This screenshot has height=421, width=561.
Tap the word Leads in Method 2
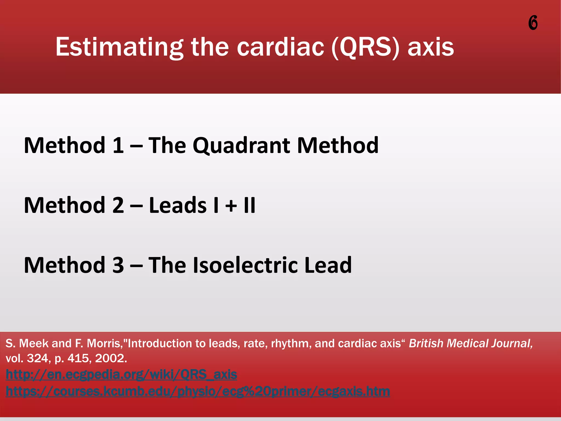click(178, 205)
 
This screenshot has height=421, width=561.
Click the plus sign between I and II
click(231, 206)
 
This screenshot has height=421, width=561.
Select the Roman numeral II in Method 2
click(250, 205)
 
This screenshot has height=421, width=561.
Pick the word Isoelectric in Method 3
click(245, 265)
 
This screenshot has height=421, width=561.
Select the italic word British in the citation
click(426, 343)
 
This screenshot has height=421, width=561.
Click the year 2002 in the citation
click(111, 358)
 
